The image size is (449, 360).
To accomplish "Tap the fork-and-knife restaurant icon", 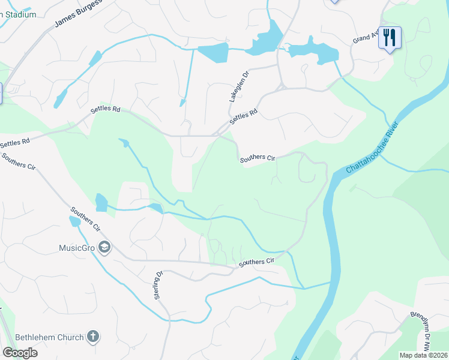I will [x=390, y=38].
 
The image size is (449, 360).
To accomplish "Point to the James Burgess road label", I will [x=78, y=14].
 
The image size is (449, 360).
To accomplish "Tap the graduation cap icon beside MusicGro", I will [x=104, y=247].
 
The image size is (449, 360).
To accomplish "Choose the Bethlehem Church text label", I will [x=49, y=337].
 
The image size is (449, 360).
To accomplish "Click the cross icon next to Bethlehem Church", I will [x=92, y=337].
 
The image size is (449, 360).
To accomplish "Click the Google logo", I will [x=20, y=352].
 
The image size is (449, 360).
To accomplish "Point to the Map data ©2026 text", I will [x=424, y=355].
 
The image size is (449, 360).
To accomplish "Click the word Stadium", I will [x=18, y=14].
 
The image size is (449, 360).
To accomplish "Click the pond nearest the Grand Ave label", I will [x=312, y=50].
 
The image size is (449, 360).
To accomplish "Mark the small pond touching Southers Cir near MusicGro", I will [x=74, y=221].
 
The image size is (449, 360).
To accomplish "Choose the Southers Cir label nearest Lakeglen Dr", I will [x=258, y=158].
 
